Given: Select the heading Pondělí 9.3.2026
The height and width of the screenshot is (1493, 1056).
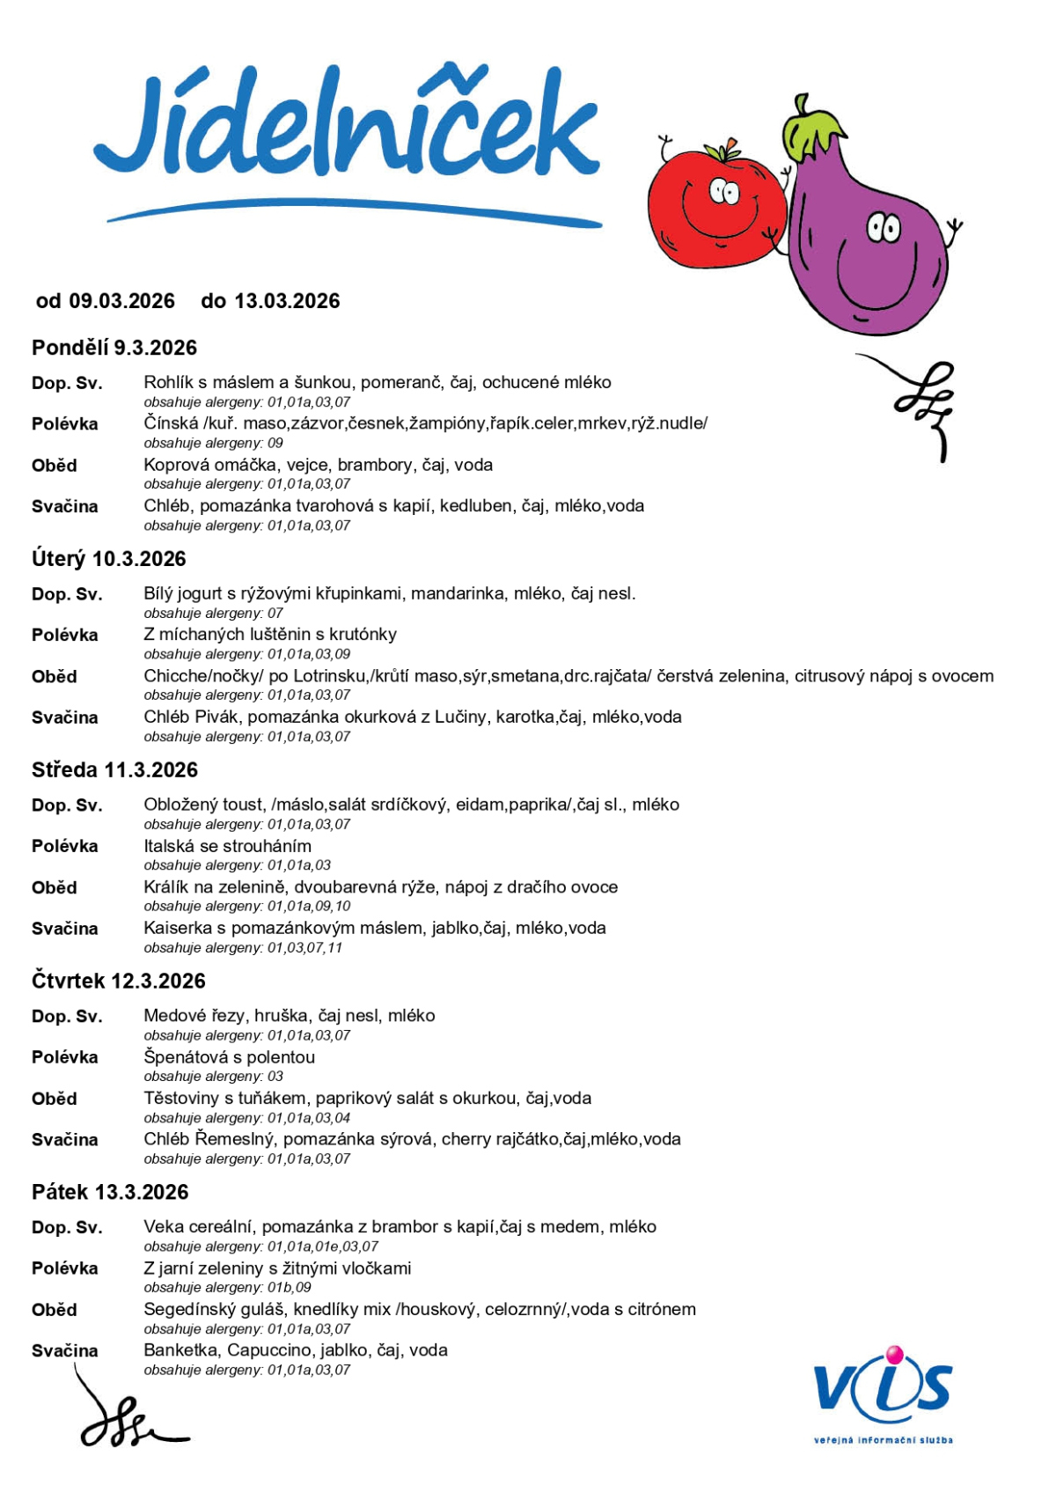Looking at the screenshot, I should [x=114, y=348].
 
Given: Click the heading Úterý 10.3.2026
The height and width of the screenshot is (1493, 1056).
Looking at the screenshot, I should [x=109, y=559].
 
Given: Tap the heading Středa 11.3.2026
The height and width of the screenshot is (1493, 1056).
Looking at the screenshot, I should [x=114, y=770].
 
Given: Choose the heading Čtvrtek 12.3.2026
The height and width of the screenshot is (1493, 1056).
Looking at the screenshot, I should [x=119, y=981].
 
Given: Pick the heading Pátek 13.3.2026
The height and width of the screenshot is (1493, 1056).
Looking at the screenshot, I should [x=110, y=1192].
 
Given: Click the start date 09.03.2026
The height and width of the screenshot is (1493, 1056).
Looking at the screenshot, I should [x=122, y=301].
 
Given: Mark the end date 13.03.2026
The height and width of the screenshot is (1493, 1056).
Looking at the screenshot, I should [x=287, y=301].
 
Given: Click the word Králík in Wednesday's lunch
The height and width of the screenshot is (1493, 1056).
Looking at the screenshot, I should [x=165, y=887].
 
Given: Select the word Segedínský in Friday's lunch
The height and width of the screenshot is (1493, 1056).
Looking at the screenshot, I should [x=187, y=1309].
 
